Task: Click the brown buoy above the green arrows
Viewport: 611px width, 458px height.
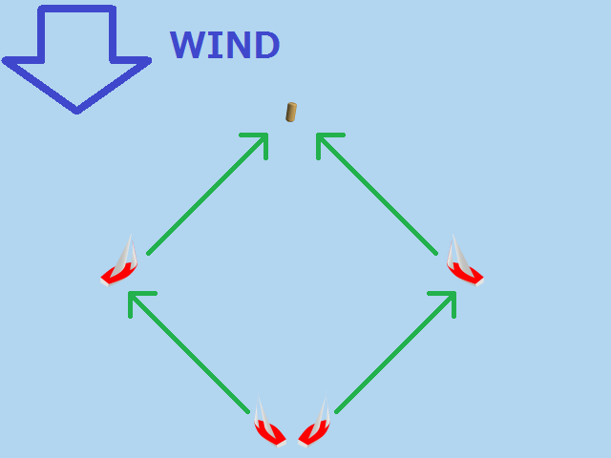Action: click(x=291, y=113)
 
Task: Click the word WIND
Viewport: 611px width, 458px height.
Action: click(x=224, y=46)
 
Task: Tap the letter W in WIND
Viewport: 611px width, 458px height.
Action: click(x=189, y=46)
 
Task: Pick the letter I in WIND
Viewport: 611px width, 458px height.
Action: click(x=215, y=46)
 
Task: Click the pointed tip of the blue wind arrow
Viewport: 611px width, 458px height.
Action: click(x=77, y=109)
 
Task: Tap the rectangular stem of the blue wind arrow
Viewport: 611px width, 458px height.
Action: click(x=76, y=34)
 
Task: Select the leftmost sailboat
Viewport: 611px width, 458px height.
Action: click(x=120, y=262)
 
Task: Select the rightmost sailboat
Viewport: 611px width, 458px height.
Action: click(x=463, y=262)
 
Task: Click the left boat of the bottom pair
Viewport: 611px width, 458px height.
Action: click(x=267, y=425)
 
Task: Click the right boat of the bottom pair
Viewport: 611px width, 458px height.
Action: click(x=316, y=425)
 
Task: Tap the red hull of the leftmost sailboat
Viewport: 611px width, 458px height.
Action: click(x=117, y=276)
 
